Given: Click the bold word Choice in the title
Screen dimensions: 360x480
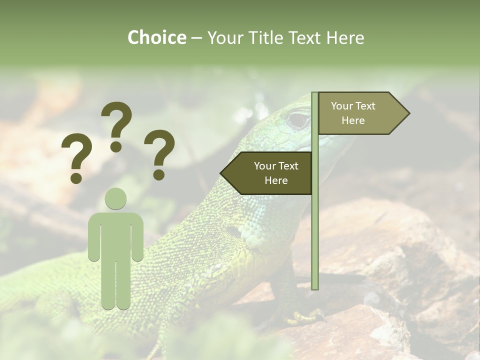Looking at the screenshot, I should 156,37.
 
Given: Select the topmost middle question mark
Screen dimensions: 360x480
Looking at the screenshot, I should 116,125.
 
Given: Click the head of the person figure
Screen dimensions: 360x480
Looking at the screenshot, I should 115,198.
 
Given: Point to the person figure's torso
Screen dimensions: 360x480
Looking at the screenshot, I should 115,235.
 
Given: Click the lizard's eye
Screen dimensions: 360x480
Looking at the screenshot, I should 298,120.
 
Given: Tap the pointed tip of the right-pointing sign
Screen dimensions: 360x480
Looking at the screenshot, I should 408,113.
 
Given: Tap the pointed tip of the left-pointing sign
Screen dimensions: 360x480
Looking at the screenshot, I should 221,173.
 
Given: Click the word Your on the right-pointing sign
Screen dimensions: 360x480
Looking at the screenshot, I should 342,106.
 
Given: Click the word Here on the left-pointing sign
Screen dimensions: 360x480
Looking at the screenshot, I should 276,180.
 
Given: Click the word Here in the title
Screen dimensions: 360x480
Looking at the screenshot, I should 344,37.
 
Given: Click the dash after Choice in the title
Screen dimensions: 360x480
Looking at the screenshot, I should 196,38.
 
